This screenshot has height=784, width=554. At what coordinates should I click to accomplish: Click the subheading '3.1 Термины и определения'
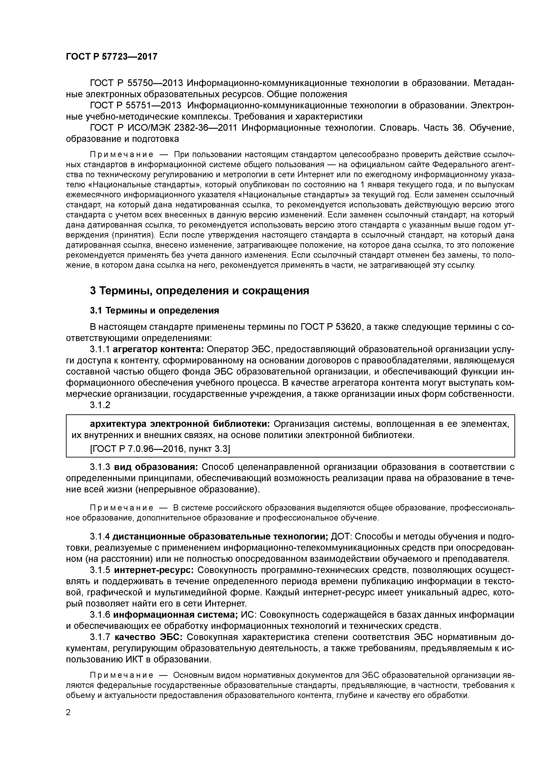point(154,310)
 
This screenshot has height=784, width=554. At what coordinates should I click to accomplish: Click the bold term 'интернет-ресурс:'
point(154,570)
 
